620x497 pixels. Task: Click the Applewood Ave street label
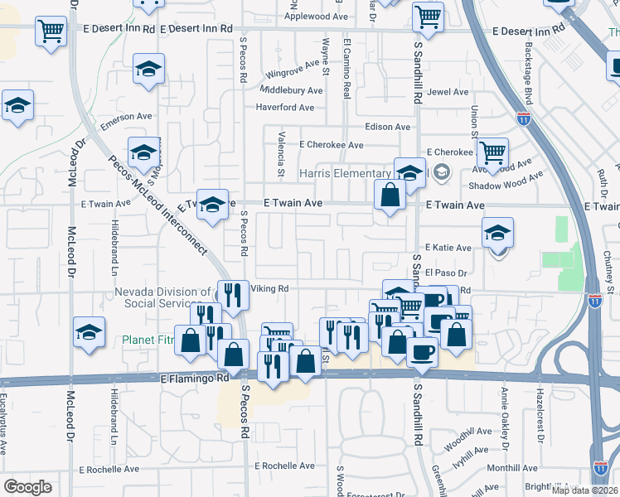tap(317, 16)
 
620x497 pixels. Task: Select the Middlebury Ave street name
tap(291, 89)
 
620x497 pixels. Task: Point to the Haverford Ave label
tap(285, 107)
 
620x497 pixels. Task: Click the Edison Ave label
tap(388, 127)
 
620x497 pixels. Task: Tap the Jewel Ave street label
tap(448, 92)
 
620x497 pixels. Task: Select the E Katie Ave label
tap(448, 248)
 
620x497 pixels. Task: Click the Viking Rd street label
tap(269, 288)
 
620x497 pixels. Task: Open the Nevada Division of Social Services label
tap(162, 297)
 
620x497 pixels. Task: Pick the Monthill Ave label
tap(513, 468)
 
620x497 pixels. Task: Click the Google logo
tap(27, 487)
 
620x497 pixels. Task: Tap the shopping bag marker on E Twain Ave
tap(390, 196)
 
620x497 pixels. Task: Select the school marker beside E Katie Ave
tap(497, 234)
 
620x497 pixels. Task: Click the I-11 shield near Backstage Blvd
tap(523, 119)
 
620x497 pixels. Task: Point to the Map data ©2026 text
tap(585, 490)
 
